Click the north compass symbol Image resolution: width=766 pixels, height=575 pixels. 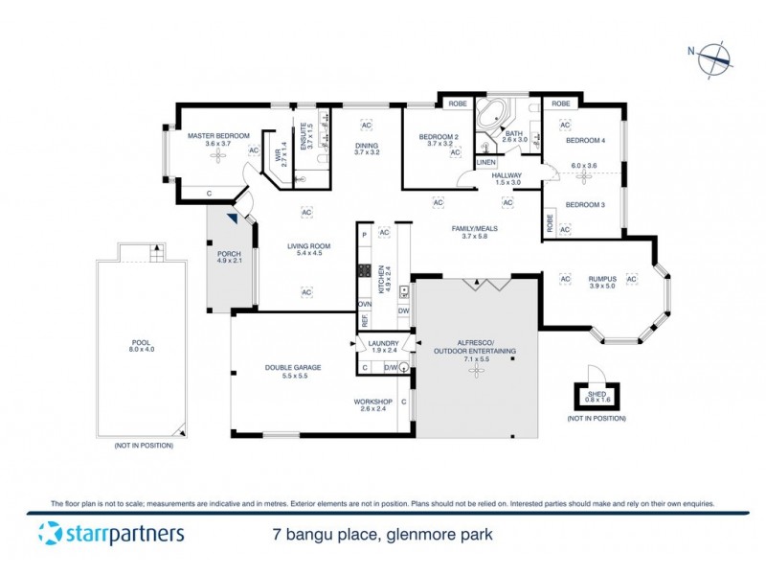pyautogui.click(x=713, y=59)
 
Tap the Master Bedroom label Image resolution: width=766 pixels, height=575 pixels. pyautogui.click(x=218, y=136)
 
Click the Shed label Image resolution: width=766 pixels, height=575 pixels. pyautogui.click(x=596, y=394)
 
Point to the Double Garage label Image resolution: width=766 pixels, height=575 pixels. pyautogui.click(x=293, y=367)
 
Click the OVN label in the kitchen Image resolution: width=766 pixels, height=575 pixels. pyautogui.click(x=364, y=304)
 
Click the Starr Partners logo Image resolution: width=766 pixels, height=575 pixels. pyautogui.click(x=111, y=534)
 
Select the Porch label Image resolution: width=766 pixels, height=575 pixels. pyautogui.click(x=227, y=254)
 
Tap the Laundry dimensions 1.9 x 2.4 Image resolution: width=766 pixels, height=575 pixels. pyautogui.click(x=383, y=351)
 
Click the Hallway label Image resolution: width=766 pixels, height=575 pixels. pyautogui.click(x=507, y=175)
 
